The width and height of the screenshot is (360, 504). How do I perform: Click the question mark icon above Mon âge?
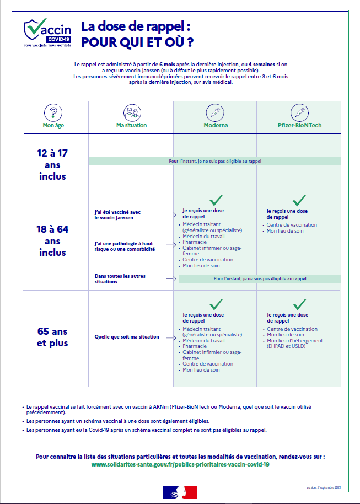coord(53,114)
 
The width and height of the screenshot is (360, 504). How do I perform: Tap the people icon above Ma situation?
coord(131,114)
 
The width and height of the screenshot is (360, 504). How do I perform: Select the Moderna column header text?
coord(215,126)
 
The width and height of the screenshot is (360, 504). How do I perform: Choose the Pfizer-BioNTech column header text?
coord(299,126)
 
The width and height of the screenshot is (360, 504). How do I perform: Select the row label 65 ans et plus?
coord(52,337)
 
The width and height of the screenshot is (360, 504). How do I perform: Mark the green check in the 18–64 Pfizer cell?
coord(299,200)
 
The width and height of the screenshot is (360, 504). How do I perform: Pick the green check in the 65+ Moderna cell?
coord(216,304)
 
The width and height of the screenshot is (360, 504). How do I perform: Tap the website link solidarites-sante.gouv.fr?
coord(180,464)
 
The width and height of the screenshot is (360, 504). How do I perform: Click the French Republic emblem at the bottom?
coord(180,492)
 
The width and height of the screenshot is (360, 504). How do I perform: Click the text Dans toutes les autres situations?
coord(120,279)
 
